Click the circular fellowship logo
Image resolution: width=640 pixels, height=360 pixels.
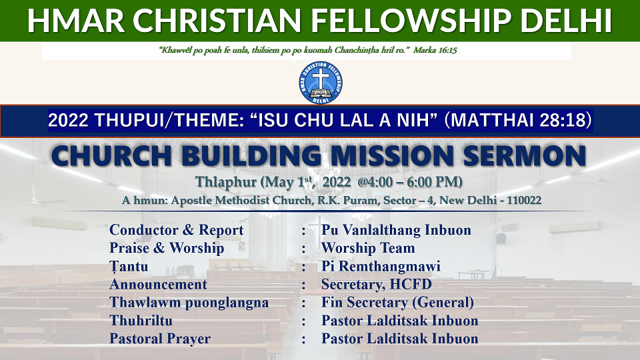(321, 83)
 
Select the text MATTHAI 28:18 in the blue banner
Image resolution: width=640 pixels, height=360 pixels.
(519, 121)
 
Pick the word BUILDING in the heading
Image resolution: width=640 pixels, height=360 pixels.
(251, 155)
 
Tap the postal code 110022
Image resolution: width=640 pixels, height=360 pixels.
(524, 201)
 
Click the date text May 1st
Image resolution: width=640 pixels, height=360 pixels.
(288, 181)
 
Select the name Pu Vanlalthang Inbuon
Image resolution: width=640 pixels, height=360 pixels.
(396, 230)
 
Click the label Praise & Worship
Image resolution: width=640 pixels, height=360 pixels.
(167, 248)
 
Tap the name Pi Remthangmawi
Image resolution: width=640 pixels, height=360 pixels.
(381, 266)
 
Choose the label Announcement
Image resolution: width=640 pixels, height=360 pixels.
(158, 284)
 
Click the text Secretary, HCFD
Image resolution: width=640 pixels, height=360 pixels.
(376, 285)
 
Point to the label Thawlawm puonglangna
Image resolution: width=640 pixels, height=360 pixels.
(189, 303)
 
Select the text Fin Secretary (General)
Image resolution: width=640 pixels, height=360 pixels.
(397, 303)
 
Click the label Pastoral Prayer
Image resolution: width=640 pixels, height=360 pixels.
(160, 339)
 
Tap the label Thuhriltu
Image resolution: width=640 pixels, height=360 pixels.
(141, 321)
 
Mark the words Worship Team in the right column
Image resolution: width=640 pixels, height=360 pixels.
(368, 248)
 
